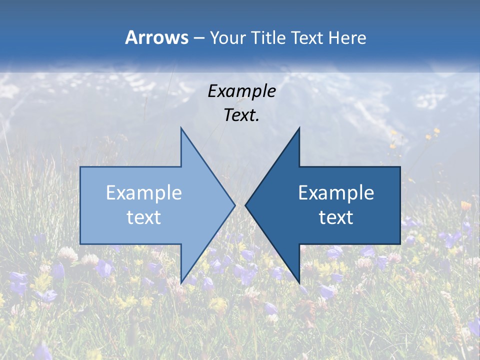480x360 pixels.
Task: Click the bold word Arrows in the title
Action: click(156, 37)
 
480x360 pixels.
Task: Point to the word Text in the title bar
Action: click(308, 38)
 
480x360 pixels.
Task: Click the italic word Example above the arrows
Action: click(241, 91)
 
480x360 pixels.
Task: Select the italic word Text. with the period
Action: click(241, 115)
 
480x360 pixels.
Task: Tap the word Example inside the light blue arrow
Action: click(144, 192)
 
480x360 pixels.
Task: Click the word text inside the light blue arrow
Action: click(144, 217)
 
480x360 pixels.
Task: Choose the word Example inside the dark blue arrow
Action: click(336, 192)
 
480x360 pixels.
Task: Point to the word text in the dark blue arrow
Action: click(336, 217)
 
